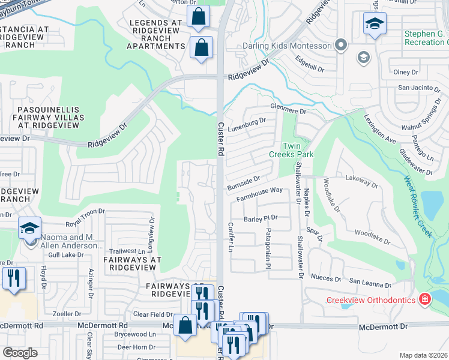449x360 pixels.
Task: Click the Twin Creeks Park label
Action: click(298, 150)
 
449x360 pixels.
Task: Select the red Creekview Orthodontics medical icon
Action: click(425, 299)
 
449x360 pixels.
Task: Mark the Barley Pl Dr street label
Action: click(260, 218)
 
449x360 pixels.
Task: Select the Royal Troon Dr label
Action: click(85, 213)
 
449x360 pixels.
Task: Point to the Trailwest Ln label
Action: click(127, 251)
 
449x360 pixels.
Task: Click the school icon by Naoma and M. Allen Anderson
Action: click(29, 230)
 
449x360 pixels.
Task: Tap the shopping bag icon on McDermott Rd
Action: click(185, 325)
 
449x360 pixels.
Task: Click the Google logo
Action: click(20, 353)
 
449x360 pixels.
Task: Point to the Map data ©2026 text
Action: click(423, 355)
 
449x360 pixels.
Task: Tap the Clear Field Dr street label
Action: click(153, 314)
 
